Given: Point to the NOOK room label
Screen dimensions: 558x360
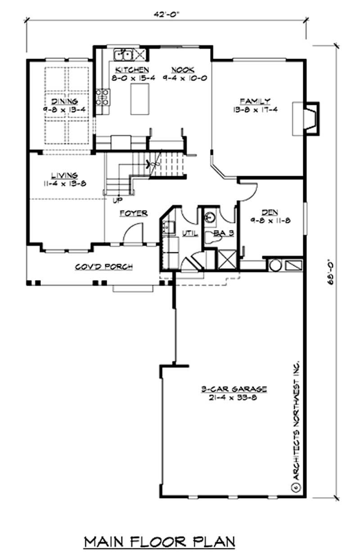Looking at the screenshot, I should (183, 70).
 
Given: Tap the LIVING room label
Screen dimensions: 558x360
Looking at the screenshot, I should (64, 176).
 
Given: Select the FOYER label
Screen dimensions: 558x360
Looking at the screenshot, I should (134, 213).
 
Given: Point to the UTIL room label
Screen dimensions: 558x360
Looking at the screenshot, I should (188, 233).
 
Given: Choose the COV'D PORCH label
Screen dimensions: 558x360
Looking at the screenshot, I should (103, 267).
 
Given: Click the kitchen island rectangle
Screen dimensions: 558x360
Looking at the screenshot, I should (139, 99).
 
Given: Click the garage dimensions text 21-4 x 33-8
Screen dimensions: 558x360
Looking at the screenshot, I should (233, 397).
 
